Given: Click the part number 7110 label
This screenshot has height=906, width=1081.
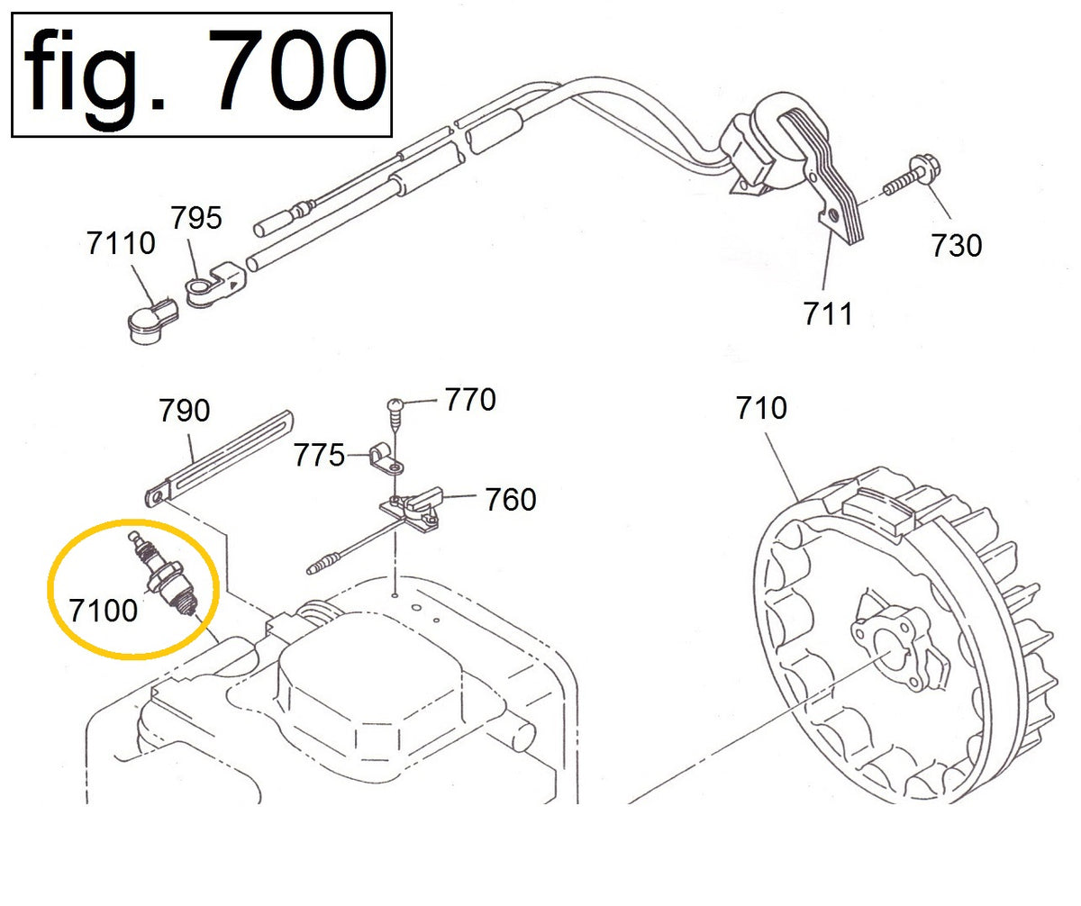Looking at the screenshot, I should pyautogui.click(x=122, y=242).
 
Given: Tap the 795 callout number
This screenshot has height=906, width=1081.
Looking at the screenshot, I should pyautogui.click(x=197, y=218).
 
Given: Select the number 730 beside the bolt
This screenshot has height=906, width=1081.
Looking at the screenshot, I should pyautogui.click(x=957, y=245).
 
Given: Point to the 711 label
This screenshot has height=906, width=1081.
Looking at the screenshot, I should pyautogui.click(x=828, y=313).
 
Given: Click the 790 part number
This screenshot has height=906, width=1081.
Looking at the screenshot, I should pyautogui.click(x=185, y=411).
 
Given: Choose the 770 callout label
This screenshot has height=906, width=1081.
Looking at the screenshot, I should pyautogui.click(x=470, y=399).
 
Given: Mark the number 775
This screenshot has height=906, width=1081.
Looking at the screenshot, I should pyautogui.click(x=319, y=456).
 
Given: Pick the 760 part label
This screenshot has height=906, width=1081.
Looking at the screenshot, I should pyautogui.click(x=511, y=499).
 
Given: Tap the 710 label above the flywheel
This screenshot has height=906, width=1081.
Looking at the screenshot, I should pyautogui.click(x=761, y=408).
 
